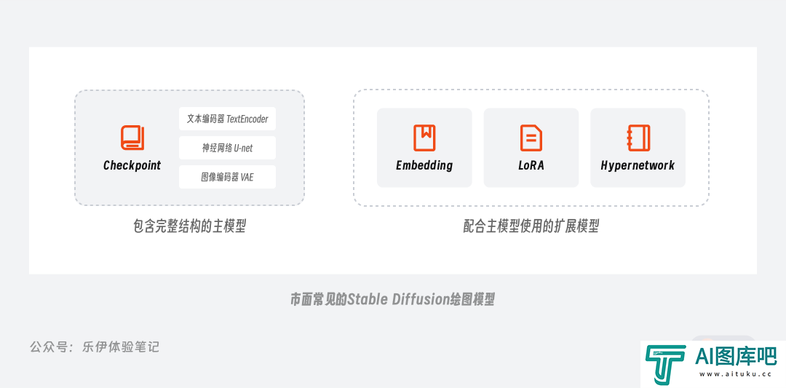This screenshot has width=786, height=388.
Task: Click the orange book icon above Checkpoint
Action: pyautogui.click(x=132, y=138)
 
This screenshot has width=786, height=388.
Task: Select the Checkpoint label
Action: pyautogui.click(x=132, y=165)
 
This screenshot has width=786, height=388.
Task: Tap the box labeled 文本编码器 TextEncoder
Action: pyautogui.click(x=227, y=119)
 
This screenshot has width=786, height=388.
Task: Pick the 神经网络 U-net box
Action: pyautogui.click(x=227, y=148)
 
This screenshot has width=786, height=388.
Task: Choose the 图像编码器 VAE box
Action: pyautogui.click(x=227, y=177)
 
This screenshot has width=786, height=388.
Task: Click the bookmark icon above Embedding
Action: pyautogui.click(x=424, y=138)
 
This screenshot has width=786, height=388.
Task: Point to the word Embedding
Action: pyautogui.click(x=424, y=165)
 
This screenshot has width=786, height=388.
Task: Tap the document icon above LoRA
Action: pyautogui.click(x=531, y=138)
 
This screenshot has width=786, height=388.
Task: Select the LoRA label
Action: pyautogui.click(x=531, y=165)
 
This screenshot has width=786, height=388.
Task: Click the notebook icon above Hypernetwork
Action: pyautogui.click(x=638, y=138)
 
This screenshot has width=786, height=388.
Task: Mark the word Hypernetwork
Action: pyautogui.click(x=638, y=165)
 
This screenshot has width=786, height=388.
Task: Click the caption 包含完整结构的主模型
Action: pyautogui.click(x=189, y=226)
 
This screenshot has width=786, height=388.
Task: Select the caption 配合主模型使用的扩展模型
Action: pyautogui.click(x=531, y=226)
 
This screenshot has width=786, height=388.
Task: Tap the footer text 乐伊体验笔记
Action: pyautogui.click(x=121, y=347)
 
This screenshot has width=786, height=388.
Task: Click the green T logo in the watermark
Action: pyautogui.click(x=665, y=363)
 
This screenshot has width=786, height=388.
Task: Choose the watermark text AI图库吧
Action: pyautogui.click(x=735, y=357)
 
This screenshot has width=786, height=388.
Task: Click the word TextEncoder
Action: pyautogui.click(x=247, y=119)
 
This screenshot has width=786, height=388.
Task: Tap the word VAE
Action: pyautogui.click(x=247, y=177)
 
